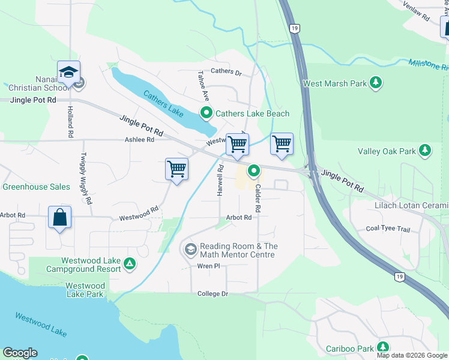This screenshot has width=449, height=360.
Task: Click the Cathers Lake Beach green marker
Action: tap(206, 113)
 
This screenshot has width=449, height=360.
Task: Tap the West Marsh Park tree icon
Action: tap(376, 83)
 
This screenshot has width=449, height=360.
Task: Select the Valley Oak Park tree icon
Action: tap(425, 151)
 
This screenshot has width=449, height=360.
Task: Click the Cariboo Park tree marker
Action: tap(382, 348)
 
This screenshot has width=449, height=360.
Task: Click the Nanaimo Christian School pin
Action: tap(68, 73)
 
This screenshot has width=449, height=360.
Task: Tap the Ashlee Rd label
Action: tap(139, 139)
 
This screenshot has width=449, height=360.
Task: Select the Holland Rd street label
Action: tap(70, 122)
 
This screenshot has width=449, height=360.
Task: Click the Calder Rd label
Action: tap(258, 198)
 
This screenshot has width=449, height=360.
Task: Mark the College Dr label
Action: tap(213, 293)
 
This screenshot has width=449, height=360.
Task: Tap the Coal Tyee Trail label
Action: tap(388, 229)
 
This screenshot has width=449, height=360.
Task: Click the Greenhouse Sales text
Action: tap(36, 187)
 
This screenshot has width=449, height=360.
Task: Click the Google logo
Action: tap(20, 353)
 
